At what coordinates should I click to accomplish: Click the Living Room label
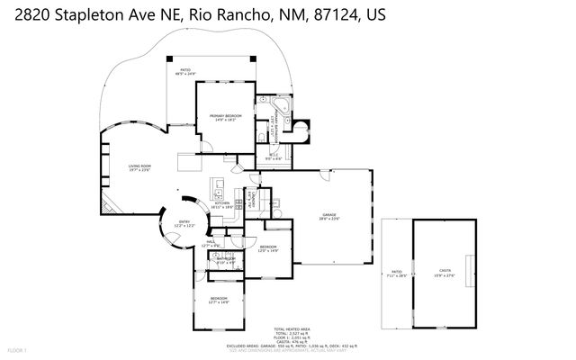point(139,167)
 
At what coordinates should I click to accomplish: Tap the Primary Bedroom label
point(221,117)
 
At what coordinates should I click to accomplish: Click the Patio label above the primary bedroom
point(185,71)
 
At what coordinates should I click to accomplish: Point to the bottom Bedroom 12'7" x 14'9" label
point(220,300)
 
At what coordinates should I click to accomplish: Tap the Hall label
point(211,242)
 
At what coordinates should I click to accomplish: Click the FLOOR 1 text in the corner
point(18,348)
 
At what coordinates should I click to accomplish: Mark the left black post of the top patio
point(175,60)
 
